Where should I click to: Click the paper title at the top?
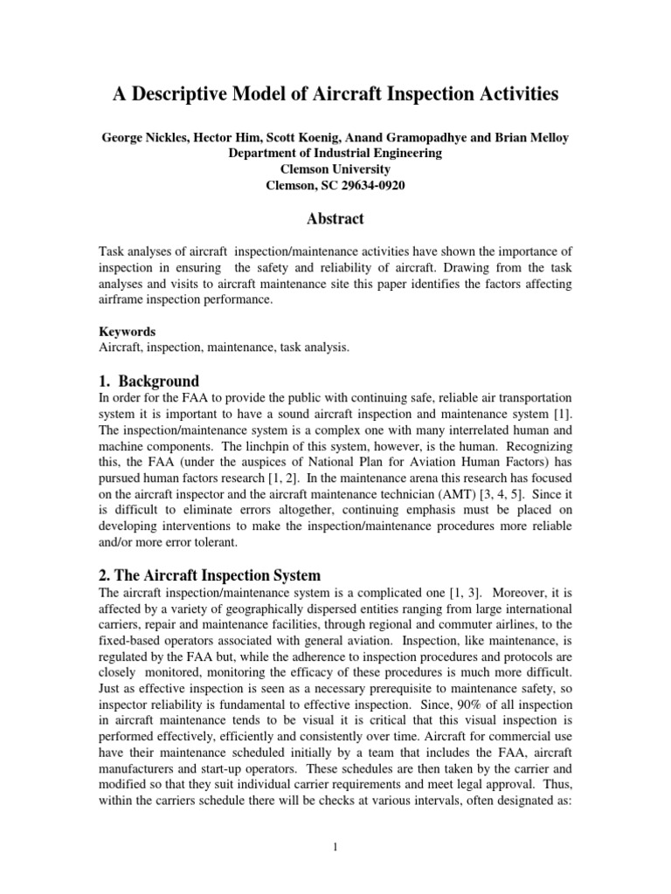[x=335, y=94]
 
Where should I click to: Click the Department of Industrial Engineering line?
[x=335, y=153]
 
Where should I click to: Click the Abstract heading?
[x=335, y=218]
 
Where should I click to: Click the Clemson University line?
[x=335, y=168]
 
